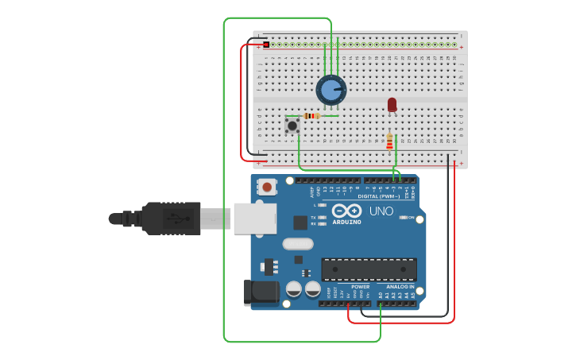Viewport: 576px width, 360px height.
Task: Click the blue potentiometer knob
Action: click(x=331, y=90)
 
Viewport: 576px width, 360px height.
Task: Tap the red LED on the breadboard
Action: click(x=392, y=104)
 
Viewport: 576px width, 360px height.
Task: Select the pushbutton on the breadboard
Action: click(x=292, y=126)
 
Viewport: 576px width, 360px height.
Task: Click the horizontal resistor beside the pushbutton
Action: click(x=312, y=116)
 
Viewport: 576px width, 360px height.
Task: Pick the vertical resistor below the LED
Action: click(x=389, y=141)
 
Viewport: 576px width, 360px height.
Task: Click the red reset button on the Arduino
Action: click(x=268, y=188)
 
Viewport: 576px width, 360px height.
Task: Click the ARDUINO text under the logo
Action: click(x=346, y=223)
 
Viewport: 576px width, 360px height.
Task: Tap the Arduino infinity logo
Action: click(x=346, y=211)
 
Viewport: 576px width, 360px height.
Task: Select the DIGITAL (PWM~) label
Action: click(x=378, y=196)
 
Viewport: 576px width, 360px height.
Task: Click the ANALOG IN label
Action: click(x=400, y=286)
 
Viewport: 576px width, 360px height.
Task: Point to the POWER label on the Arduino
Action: click(x=360, y=286)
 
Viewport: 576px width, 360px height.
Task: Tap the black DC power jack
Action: click(x=261, y=293)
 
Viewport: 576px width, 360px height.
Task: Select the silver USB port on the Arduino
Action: click(x=254, y=219)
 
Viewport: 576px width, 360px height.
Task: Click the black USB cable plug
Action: click(x=171, y=218)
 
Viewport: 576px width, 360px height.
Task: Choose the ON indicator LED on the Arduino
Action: click(x=404, y=218)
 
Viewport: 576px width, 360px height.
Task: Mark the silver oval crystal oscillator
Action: click(x=297, y=244)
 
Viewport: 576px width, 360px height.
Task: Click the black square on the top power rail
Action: click(x=266, y=45)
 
